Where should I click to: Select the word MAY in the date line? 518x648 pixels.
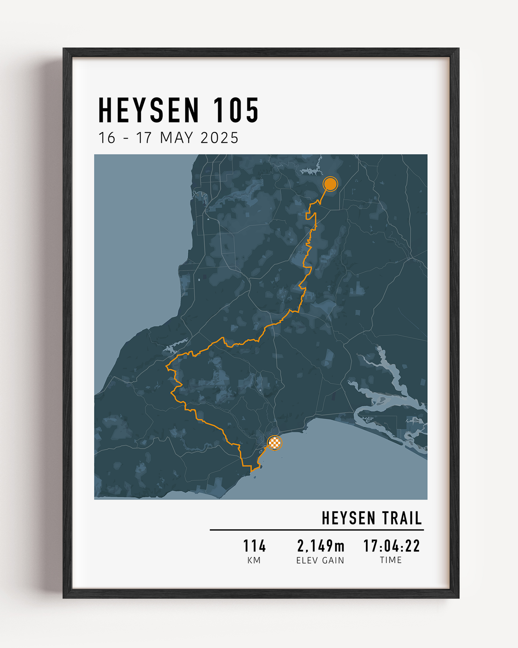pyautogui.click(x=176, y=138)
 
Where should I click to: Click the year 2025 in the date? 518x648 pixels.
pyautogui.click(x=219, y=138)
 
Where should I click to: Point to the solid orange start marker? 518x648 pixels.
pyautogui.click(x=330, y=184)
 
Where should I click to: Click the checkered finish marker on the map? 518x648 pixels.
pyautogui.click(x=275, y=443)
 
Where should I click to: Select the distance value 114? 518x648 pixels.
pyautogui.click(x=254, y=546)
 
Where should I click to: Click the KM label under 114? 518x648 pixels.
pyautogui.click(x=254, y=561)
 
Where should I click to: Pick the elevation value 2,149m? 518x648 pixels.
pyautogui.click(x=321, y=546)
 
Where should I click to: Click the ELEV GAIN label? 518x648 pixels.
pyautogui.click(x=320, y=561)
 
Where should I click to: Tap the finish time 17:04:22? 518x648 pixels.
pyautogui.click(x=391, y=546)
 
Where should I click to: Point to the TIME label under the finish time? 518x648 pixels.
pyautogui.click(x=391, y=560)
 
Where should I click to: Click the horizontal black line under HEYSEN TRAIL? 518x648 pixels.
pyautogui.click(x=317, y=530)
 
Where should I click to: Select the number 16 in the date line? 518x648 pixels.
pyautogui.click(x=107, y=138)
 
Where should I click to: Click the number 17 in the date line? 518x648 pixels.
pyautogui.click(x=144, y=138)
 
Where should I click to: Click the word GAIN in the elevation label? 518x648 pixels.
pyautogui.click(x=333, y=561)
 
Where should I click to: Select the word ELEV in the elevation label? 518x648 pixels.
pyautogui.click(x=307, y=561)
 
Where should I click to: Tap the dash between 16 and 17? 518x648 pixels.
pyautogui.click(x=126, y=139)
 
